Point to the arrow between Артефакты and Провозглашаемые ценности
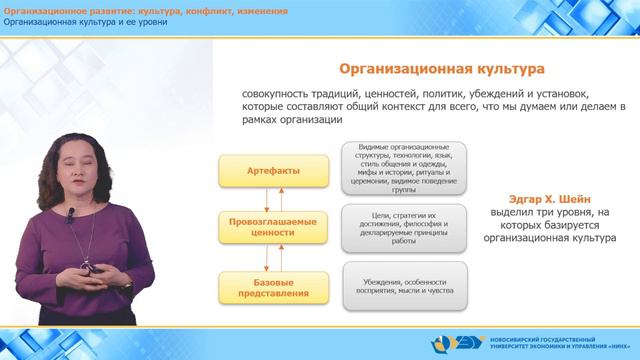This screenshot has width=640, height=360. tap(266, 198)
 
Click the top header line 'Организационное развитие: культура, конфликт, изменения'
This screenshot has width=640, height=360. tap(146, 10)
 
